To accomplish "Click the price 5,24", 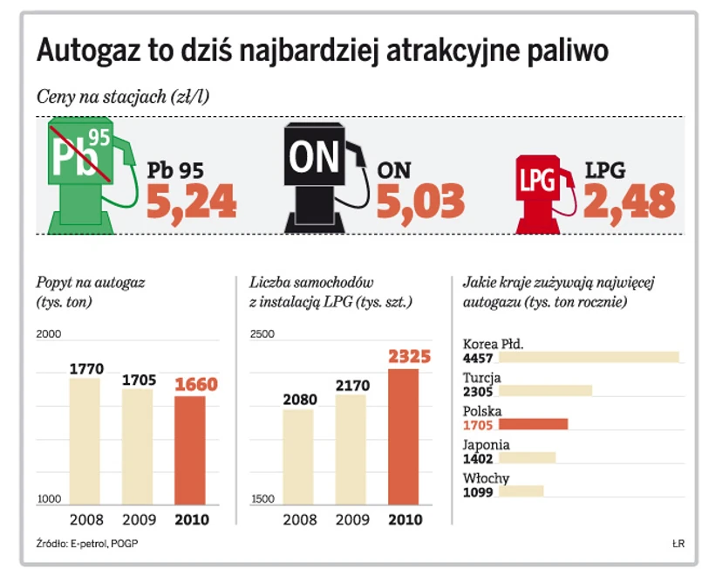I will [191, 202].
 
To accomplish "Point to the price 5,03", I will [420, 202].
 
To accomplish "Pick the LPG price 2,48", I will [630, 202].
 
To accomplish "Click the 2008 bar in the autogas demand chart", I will [85, 441].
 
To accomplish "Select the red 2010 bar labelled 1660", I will [190, 450].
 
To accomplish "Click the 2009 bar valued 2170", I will [351, 449].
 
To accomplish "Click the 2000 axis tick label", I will [51, 333].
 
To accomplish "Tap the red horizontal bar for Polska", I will [533, 425].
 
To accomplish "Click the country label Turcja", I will [482, 378].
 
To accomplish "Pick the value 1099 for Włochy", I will [479, 492].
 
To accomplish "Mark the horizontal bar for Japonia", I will [527, 458].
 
